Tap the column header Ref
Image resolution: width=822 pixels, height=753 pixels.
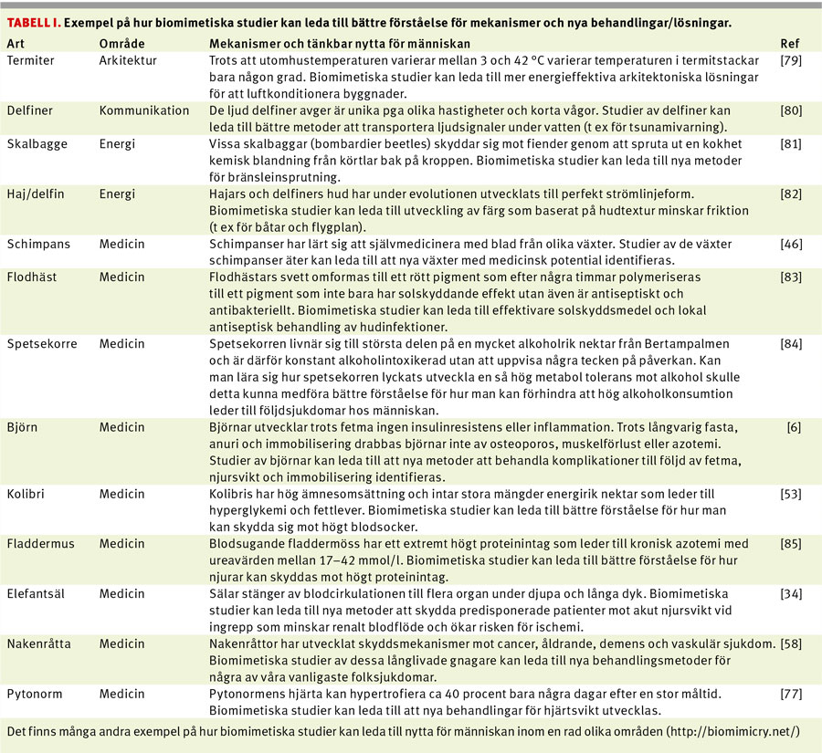[x=790, y=44]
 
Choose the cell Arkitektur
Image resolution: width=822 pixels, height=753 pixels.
[x=128, y=60]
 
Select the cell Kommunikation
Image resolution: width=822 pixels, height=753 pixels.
[x=144, y=110]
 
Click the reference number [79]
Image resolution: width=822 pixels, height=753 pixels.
[x=791, y=60]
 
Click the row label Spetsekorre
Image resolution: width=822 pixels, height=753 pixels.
[x=42, y=344]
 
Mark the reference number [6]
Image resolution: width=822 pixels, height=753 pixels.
[x=795, y=427]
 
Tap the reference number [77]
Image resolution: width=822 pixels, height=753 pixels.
[x=791, y=695]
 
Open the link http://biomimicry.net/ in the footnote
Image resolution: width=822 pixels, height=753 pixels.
[x=732, y=731]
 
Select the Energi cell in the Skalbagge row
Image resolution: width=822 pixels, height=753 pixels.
[x=117, y=143]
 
